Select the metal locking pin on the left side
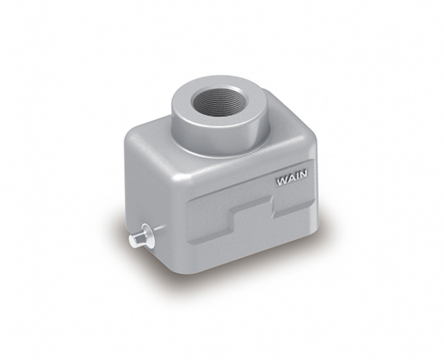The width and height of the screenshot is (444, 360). [x=141, y=237]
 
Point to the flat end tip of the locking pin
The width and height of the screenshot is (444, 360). [x=132, y=240]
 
